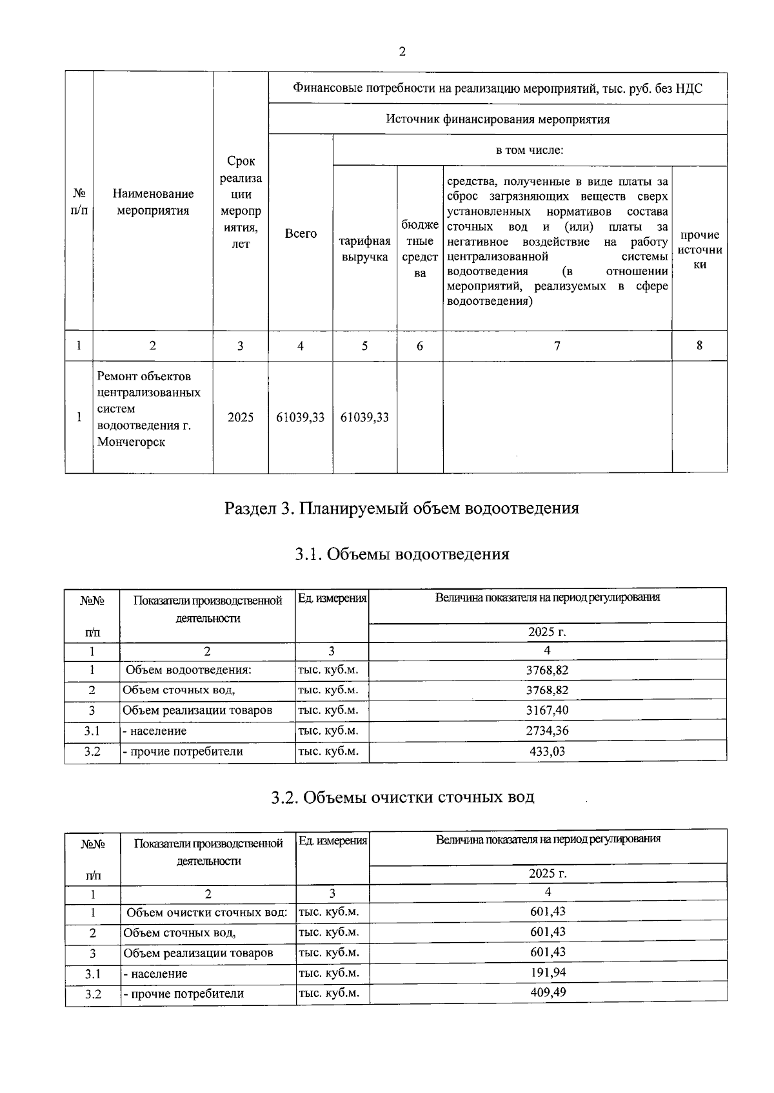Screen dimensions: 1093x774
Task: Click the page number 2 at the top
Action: [x=402, y=52]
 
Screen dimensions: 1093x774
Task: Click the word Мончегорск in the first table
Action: [x=131, y=442]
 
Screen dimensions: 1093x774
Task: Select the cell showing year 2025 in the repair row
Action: [x=241, y=418]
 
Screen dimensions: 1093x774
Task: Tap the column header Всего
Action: [x=301, y=234]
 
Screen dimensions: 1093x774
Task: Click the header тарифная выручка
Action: [x=364, y=249]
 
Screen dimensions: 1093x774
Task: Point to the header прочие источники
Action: [x=700, y=249]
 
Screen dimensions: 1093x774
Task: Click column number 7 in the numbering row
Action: [x=557, y=346]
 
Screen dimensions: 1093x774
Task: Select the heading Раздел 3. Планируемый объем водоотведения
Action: [x=401, y=508]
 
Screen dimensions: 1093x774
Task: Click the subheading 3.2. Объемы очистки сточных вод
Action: [x=402, y=797]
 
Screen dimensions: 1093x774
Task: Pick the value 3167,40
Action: [x=548, y=710]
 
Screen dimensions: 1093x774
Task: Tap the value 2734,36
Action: [x=548, y=731]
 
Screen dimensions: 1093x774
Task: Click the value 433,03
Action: [x=548, y=751]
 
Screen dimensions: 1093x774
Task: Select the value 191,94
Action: [x=548, y=972]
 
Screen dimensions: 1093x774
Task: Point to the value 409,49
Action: [x=548, y=992]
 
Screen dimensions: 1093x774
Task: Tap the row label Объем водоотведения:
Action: [x=188, y=670]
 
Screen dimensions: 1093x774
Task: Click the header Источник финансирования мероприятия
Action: [x=497, y=119]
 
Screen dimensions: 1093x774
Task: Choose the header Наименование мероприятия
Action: [x=153, y=202]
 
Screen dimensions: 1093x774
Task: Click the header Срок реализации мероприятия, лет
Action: [x=241, y=202]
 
